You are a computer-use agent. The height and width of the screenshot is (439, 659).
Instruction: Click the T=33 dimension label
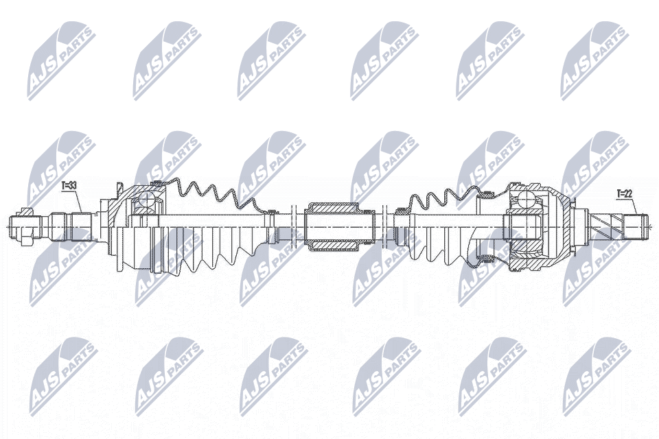click(68, 185)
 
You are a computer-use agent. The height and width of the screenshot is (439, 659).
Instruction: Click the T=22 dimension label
click(625, 193)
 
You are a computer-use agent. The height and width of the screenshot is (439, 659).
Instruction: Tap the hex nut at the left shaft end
click(26, 227)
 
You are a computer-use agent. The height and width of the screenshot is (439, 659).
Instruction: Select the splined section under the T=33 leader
click(82, 227)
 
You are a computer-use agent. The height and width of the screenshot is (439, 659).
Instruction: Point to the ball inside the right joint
click(526, 199)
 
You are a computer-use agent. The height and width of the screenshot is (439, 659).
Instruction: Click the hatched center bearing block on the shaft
click(333, 227)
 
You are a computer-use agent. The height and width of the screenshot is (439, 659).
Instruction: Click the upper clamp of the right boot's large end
click(488, 193)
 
